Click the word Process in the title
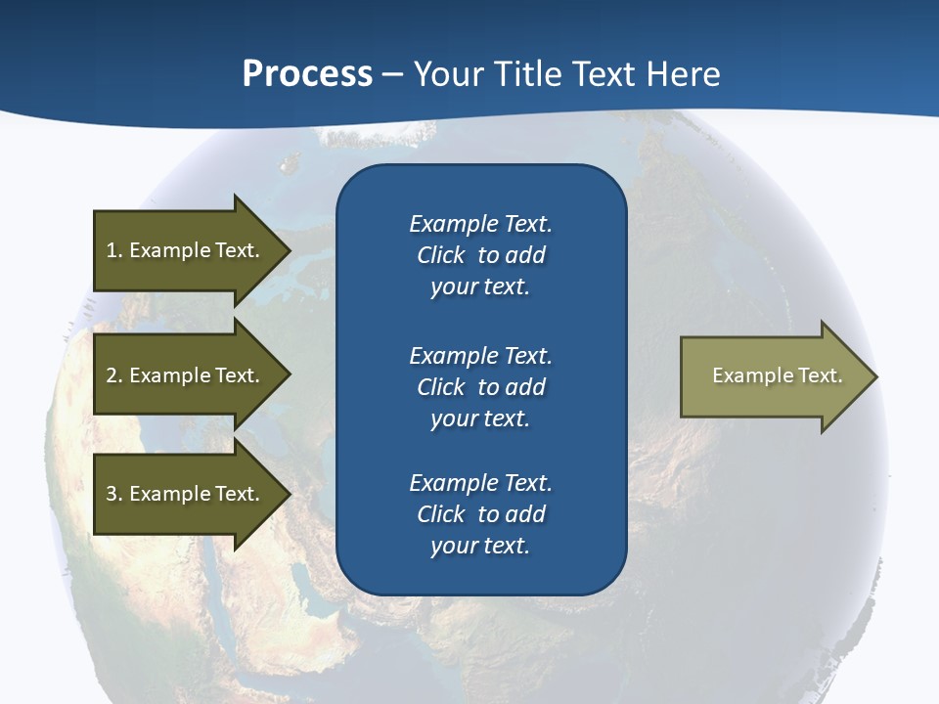point(307,74)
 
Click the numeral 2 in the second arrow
point(112,375)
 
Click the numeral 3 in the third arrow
point(112,494)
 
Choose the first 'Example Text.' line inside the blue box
point(480,224)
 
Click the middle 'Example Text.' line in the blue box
point(480,355)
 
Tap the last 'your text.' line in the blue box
point(480,546)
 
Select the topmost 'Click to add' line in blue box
point(480,255)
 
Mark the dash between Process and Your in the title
point(392,75)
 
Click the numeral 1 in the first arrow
point(111,250)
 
